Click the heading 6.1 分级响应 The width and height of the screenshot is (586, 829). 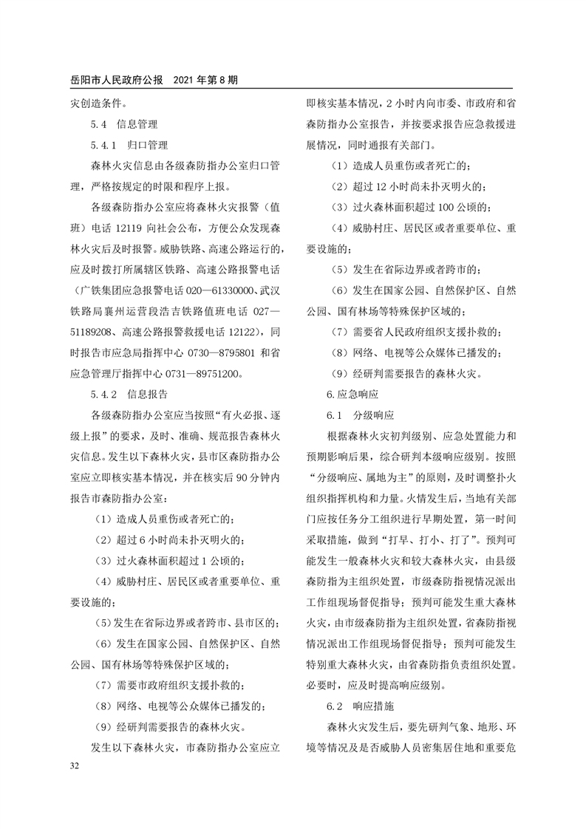361,414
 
